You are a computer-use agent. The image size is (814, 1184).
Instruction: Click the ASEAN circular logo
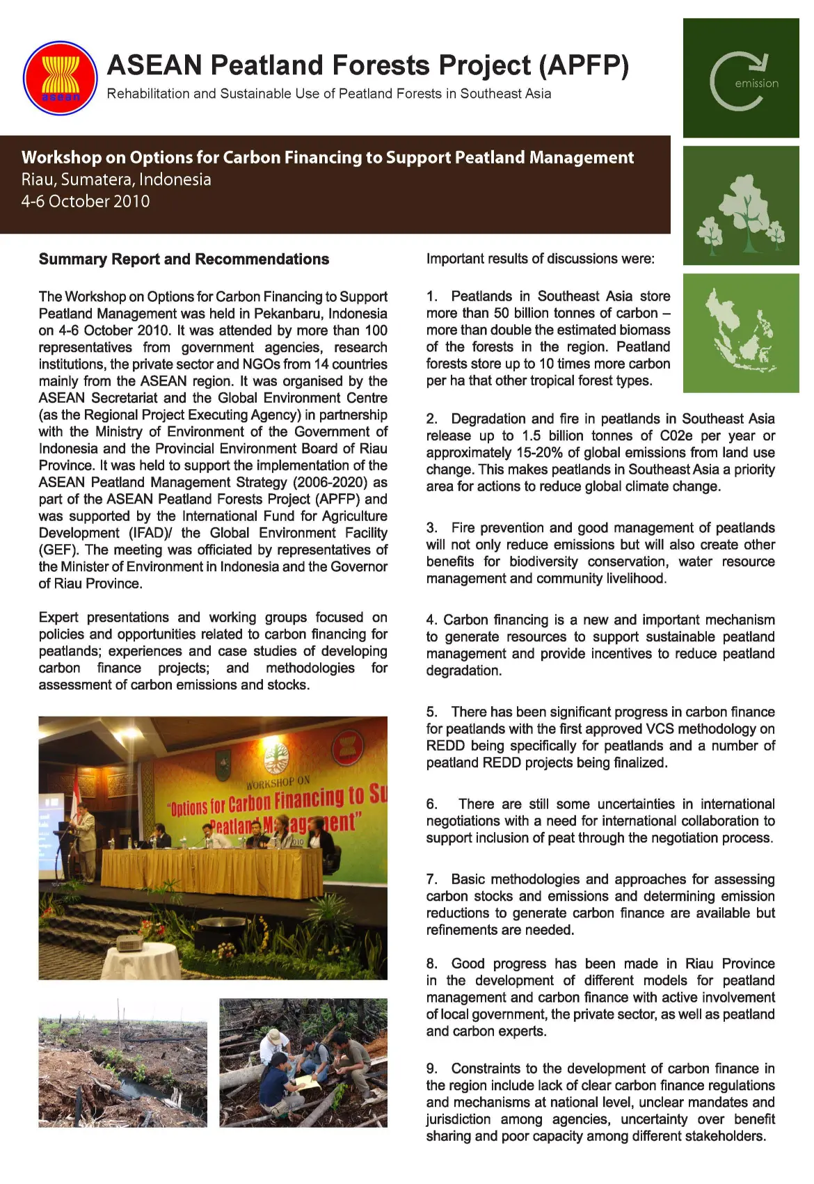click(x=61, y=78)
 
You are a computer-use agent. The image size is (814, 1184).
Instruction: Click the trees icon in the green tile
click(x=742, y=212)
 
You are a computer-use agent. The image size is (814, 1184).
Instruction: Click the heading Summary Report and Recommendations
click(x=184, y=259)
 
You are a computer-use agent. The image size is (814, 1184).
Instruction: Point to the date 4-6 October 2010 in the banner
click(x=86, y=202)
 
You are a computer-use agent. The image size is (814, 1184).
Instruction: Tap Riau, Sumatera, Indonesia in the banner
click(x=116, y=179)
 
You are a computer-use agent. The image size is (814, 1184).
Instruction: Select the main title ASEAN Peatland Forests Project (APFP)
click(x=367, y=65)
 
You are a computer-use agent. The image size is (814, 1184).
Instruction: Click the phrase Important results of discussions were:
click(x=540, y=259)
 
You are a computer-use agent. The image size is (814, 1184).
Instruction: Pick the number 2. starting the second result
click(x=432, y=419)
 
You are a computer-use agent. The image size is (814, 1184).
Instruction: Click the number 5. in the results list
click(x=432, y=712)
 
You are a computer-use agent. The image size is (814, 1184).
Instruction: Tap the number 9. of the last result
click(x=432, y=1069)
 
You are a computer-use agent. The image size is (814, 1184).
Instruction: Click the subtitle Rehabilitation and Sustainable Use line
click(x=328, y=94)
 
